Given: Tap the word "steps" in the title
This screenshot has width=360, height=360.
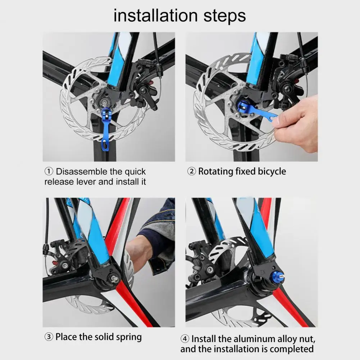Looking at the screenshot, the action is (x=224, y=17).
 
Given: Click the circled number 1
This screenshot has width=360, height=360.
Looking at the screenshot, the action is (x=49, y=171).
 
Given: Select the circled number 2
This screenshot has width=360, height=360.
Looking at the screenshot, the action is (x=191, y=171).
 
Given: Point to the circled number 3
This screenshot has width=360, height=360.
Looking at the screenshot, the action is (x=49, y=337).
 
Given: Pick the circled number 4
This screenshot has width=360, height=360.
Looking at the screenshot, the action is (x=185, y=339).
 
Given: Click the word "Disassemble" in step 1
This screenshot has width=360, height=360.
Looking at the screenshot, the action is (x=82, y=172).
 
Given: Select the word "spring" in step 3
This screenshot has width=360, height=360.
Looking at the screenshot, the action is (x=129, y=337).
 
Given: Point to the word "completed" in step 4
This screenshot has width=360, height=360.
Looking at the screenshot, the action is (x=291, y=349).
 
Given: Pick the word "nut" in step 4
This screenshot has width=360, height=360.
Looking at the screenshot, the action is (x=307, y=340).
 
